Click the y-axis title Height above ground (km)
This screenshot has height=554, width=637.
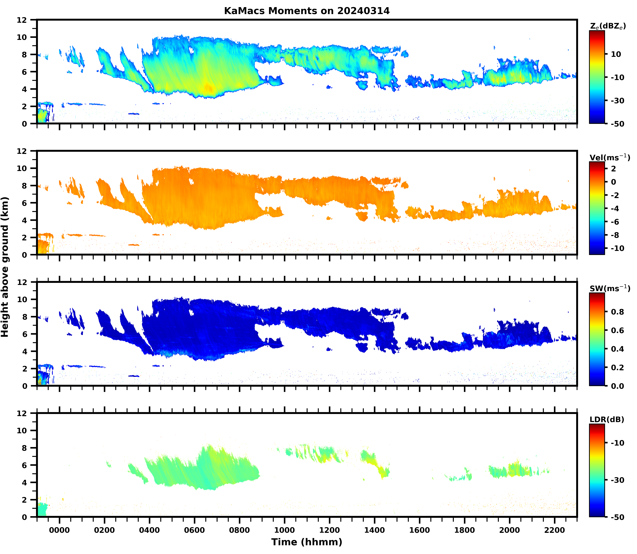click(5, 267)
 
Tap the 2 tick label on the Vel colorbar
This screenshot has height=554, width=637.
click(614, 169)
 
